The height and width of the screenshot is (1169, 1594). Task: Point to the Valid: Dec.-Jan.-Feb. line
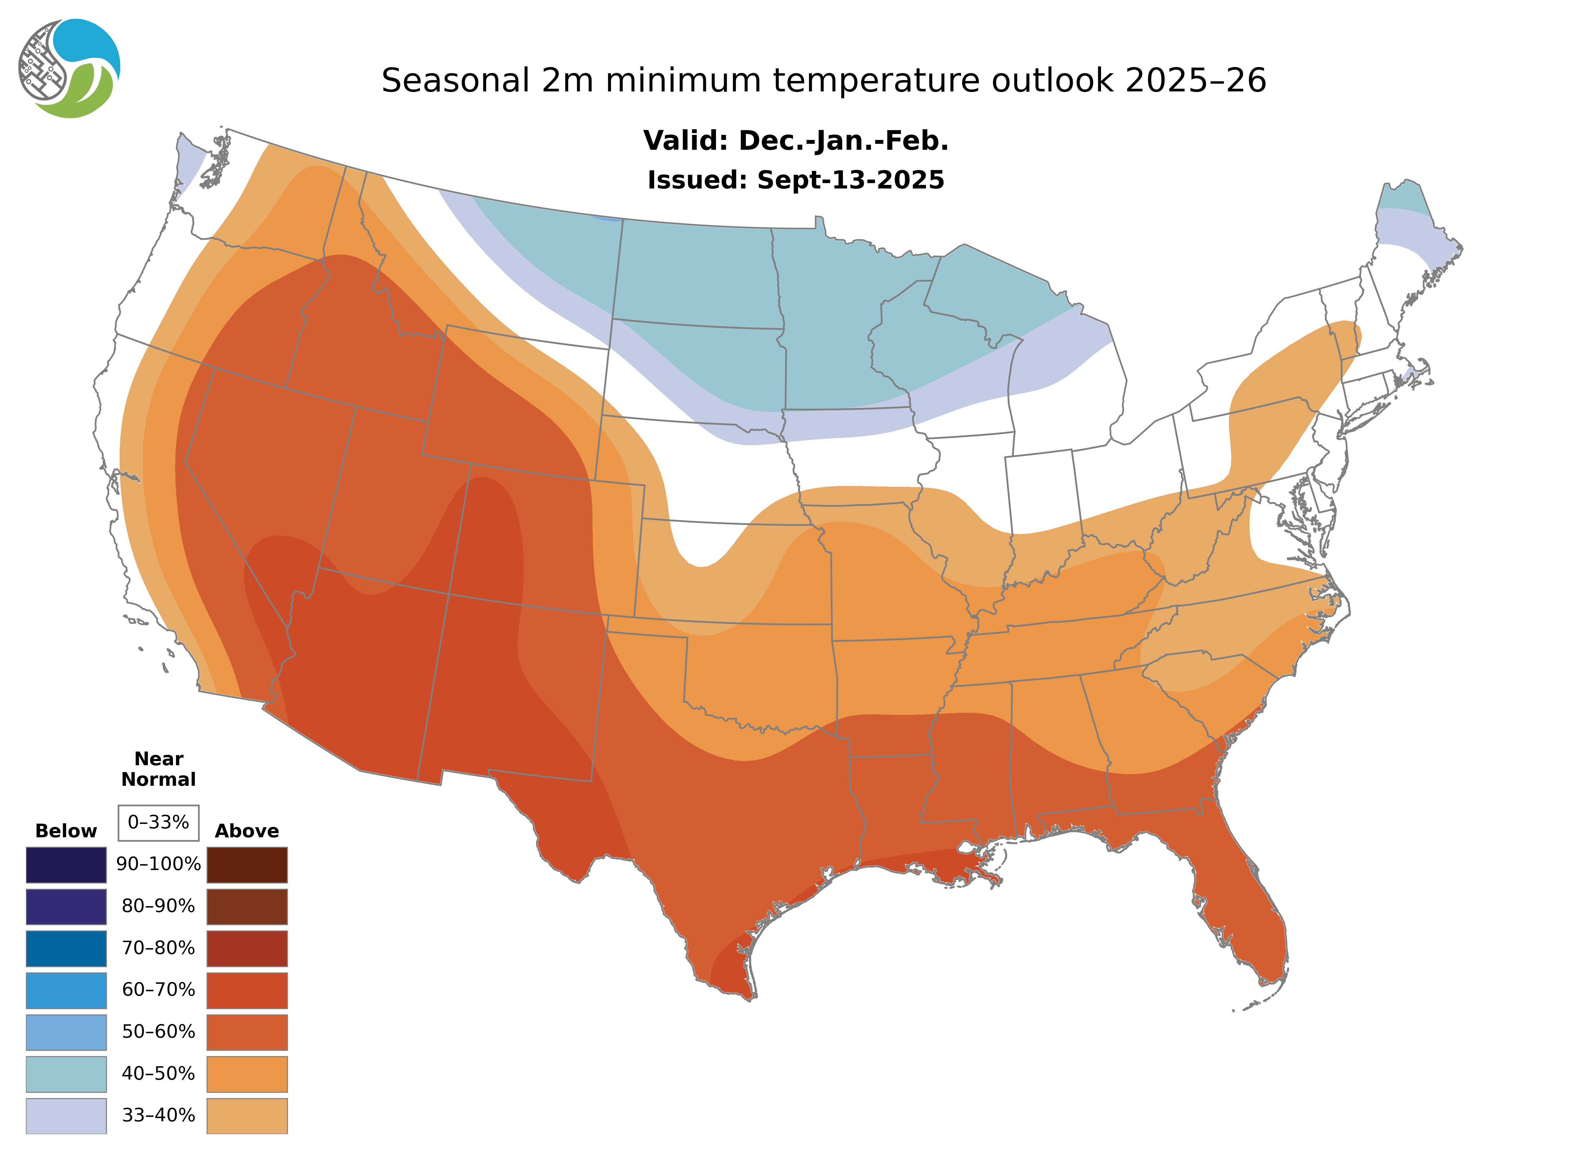795,141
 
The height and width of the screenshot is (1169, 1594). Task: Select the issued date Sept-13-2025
850,180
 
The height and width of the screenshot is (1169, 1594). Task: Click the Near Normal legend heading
158,769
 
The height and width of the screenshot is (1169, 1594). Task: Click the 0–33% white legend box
158,822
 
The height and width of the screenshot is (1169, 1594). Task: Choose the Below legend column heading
66,831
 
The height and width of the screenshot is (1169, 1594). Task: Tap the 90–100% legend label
158,864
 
